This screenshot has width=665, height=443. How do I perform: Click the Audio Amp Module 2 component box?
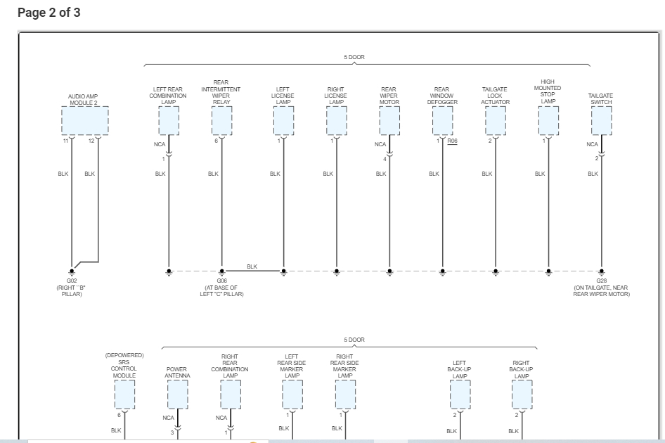coord(84,120)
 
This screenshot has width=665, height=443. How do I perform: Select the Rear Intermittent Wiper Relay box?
coord(221,120)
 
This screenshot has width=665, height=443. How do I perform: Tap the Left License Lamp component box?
coord(283,120)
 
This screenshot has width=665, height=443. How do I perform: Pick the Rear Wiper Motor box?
coord(389,120)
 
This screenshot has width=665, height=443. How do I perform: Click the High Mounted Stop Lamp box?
coord(548,120)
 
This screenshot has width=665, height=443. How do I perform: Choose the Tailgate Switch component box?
coord(601,120)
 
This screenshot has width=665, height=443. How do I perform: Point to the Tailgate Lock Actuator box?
coord(496,120)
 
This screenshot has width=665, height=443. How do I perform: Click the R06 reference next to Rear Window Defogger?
coord(452,141)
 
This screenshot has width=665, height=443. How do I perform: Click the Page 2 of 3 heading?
coord(49,13)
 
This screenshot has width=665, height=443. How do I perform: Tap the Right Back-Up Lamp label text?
coord(522,369)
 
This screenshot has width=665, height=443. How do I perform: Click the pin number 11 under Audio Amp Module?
coord(65,141)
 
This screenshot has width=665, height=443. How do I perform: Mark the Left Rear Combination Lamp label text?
coord(168,96)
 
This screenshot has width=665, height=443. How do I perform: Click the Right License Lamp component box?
coord(337,120)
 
